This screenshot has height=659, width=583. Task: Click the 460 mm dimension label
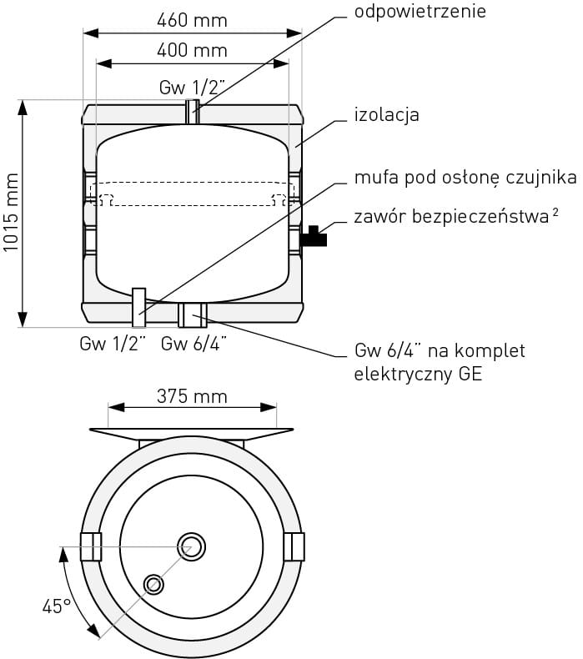192,20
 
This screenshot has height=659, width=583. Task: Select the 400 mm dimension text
192,50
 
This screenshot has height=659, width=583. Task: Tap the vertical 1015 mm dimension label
11,213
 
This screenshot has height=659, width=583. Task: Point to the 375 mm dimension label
192,396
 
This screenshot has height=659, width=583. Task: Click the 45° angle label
57,606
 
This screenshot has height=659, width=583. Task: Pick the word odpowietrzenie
420,12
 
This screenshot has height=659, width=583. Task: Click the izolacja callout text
387,115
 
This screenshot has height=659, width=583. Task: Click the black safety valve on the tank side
314,237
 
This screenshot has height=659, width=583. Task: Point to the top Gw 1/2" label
192,88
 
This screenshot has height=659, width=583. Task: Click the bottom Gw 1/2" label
113,344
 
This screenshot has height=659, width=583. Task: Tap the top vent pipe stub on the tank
193,112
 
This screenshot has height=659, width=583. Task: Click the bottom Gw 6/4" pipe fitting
193,314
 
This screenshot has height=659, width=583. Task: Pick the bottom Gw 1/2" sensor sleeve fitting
139,308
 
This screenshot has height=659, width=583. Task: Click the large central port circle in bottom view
192,546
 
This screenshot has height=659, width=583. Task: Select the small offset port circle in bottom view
153,584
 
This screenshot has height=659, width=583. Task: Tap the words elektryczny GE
418,374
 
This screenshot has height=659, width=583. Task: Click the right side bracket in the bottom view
294,546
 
